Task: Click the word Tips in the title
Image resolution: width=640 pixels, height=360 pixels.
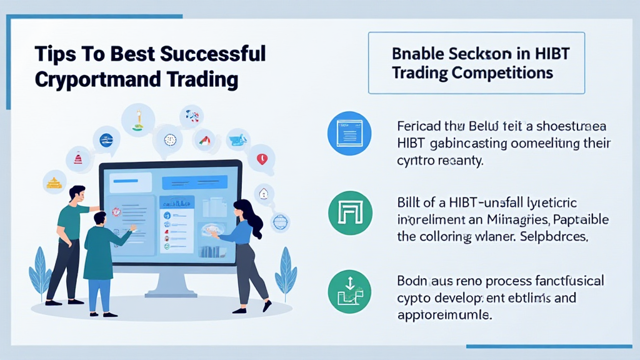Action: coord(53,54)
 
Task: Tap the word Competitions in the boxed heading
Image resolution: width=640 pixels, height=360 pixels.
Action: coord(504,72)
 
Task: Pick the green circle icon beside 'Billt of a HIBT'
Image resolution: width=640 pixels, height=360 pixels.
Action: coord(349,213)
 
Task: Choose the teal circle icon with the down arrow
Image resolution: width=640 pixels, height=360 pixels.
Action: coord(349,291)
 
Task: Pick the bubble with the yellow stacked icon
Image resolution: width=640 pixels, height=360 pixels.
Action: coord(54,182)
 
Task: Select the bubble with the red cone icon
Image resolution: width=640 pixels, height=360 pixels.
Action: coord(78,158)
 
